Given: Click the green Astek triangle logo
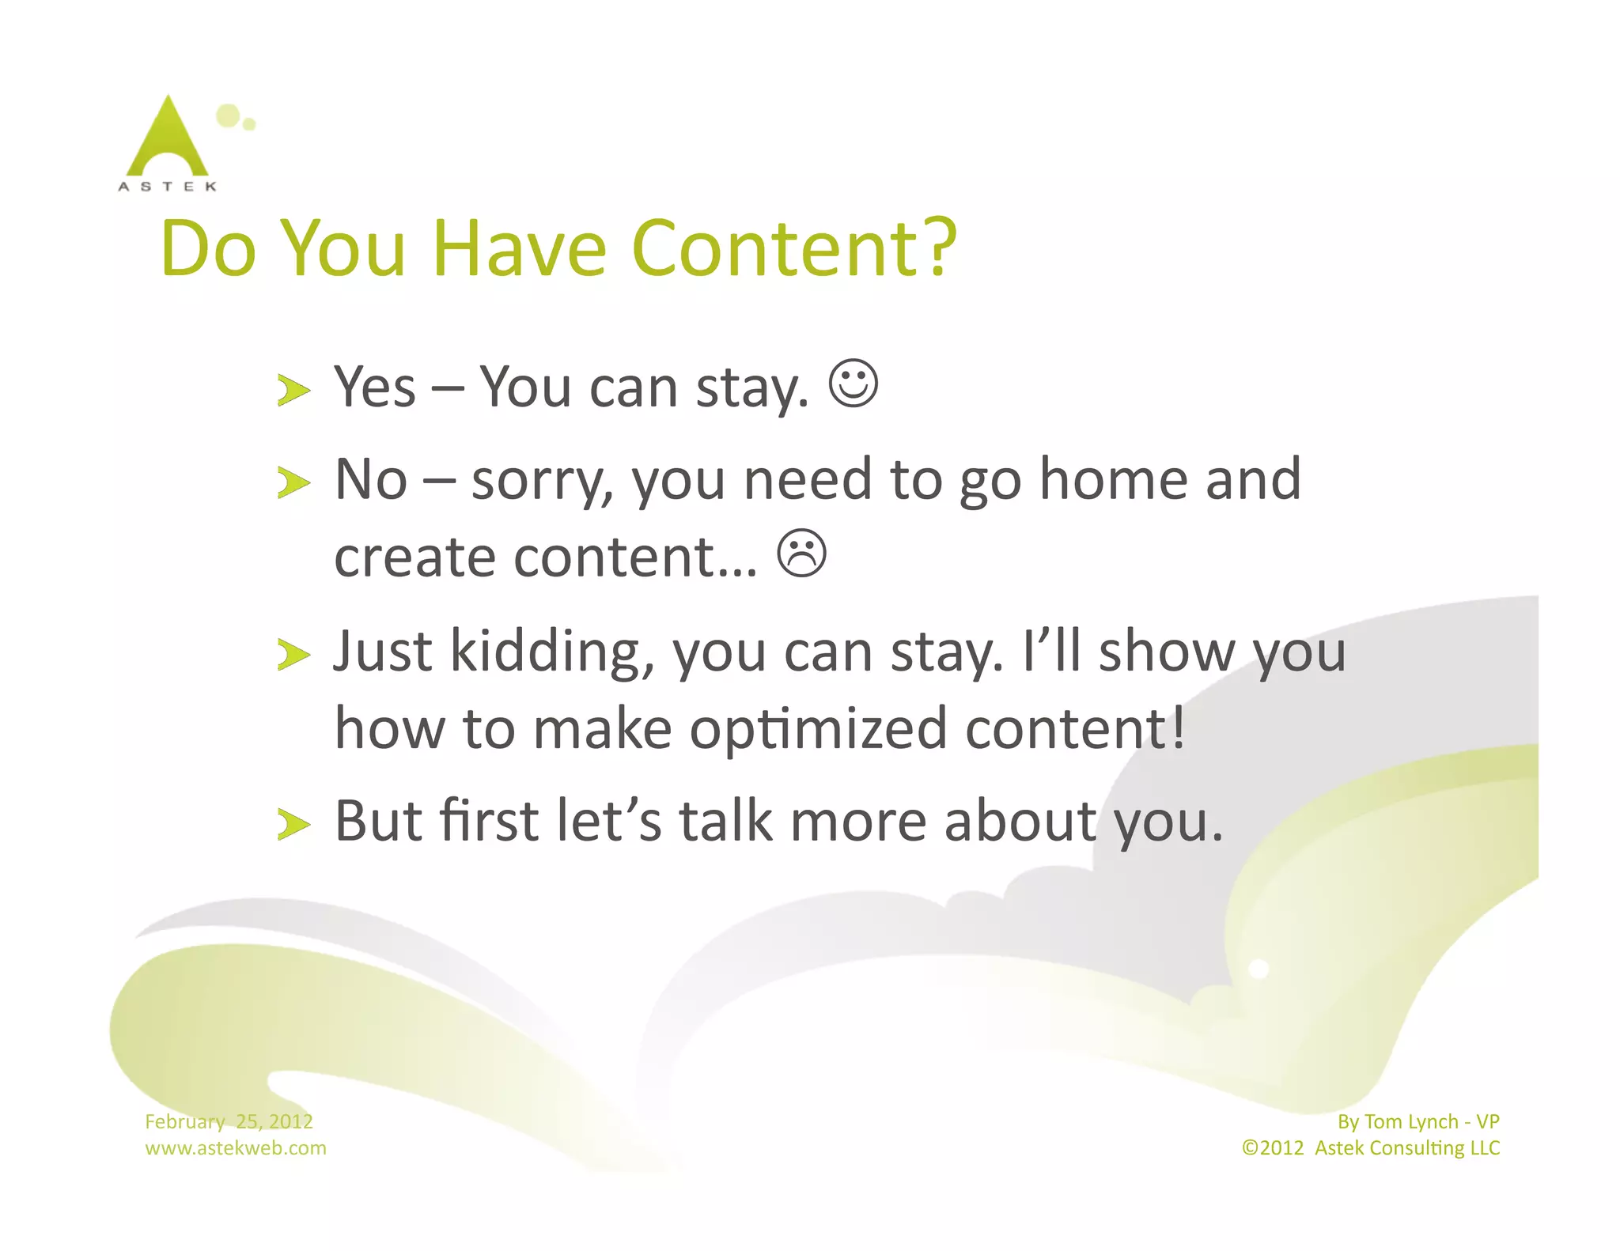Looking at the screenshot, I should tap(168, 138).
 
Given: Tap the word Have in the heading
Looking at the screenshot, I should tap(519, 248).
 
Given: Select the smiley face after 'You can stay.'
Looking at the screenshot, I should tap(853, 384).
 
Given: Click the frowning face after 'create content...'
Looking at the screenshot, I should tap(801, 553).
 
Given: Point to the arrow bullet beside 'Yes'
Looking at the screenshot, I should tap(293, 391).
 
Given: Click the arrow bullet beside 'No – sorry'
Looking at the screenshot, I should tap(293, 482).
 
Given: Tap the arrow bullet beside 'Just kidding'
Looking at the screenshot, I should tap(293, 655).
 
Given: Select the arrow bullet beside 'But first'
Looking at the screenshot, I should tap(293, 824).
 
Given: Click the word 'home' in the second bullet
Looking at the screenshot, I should tap(1114, 479).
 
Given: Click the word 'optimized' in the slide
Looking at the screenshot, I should tap(818, 728).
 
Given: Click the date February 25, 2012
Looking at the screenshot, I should tap(229, 1121).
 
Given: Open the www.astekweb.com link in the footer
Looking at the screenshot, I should tap(235, 1148).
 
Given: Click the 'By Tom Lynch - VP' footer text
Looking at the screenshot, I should tap(1417, 1121).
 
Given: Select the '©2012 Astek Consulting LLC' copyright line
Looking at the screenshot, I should tap(1370, 1148).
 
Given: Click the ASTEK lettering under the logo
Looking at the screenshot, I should tap(167, 187).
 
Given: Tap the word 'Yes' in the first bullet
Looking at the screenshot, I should tap(374, 387).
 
